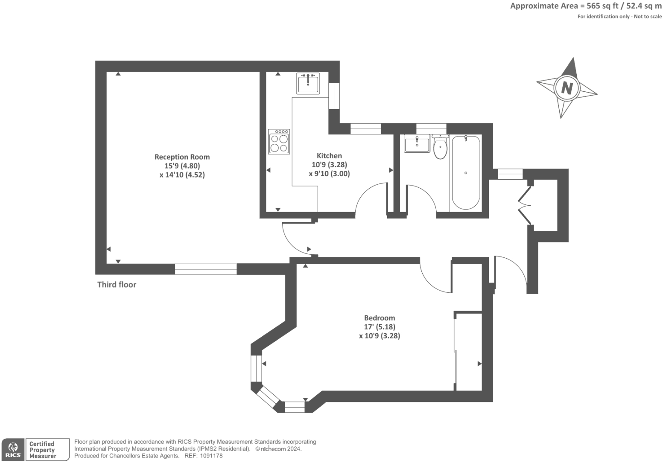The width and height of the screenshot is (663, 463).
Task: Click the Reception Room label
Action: coord(182,157)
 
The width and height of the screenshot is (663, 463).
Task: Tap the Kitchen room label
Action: coord(329,156)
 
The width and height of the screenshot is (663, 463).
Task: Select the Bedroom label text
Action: coord(380,318)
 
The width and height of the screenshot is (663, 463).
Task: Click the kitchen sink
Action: coord(308,84)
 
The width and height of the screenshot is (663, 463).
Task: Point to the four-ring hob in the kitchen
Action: coord(279,142)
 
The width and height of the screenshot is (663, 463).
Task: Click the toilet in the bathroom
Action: coord(440,147)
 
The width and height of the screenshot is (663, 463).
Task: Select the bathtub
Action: coord(466,172)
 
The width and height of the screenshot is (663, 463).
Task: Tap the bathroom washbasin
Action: coord(417,143)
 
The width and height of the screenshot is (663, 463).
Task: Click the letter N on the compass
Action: coord(567,88)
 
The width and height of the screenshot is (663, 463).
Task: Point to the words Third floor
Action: coord(117,285)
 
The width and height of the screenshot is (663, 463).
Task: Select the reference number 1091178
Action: coord(211,456)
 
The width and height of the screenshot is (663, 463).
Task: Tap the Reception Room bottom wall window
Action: coord(206,269)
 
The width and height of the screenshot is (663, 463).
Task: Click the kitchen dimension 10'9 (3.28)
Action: coord(330,165)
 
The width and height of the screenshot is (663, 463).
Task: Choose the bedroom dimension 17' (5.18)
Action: coord(380,327)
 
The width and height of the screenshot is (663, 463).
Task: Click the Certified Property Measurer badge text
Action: coord(42,450)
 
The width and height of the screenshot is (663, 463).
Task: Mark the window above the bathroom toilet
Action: coord(431,129)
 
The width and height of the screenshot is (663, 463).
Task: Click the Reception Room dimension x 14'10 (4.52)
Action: coord(182,175)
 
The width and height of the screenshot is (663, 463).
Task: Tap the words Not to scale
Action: coord(648,17)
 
